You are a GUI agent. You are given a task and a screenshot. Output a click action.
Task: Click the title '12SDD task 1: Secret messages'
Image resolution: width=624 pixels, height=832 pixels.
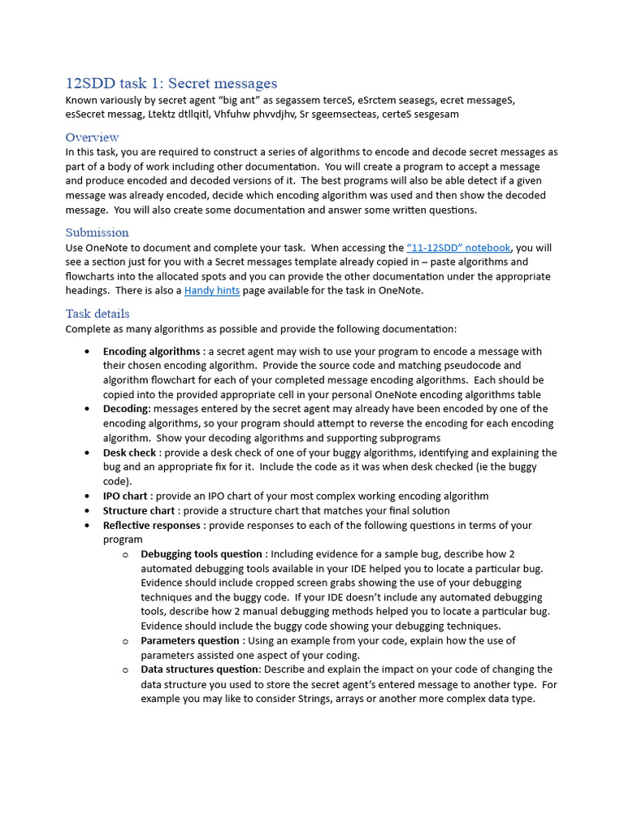pyautogui.click(x=171, y=83)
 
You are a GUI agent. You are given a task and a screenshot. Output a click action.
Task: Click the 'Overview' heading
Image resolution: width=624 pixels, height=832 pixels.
pyautogui.click(x=92, y=136)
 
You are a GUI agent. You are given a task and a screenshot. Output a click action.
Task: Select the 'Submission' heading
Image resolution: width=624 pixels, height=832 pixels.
pyautogui.click(x=97, y=232)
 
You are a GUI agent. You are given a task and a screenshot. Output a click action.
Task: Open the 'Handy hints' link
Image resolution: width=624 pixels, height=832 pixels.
pyautogui.click(x=212, y=290)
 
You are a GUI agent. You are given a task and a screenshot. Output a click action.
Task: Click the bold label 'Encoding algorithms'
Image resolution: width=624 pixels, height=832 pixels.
pyautogui.click(x=151, y=351)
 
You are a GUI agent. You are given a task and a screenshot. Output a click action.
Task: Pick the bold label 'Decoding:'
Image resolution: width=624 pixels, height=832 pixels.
pyautogui.click(x=127, y=409)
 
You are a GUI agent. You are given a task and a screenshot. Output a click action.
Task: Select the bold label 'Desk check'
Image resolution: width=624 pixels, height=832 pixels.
pyautogui.click(x=129, y=453)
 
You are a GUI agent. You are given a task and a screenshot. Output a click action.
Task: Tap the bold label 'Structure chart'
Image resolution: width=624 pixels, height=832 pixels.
pyautogui.click(x=139, y=510)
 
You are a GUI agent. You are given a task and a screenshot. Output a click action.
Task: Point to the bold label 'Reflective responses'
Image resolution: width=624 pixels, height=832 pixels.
pyautogui.click(x=151, y=525)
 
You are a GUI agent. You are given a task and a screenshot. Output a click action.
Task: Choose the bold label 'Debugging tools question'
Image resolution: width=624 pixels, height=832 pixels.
pyautogui.click(x=201, y=554)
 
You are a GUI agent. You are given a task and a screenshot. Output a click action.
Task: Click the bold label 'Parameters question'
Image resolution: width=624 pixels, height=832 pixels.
pyautogui.click(x=190, y=640)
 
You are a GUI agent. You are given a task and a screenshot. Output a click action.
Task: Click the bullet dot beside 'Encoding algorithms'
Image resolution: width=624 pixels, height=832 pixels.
pyautogui.click(x=88, y=352)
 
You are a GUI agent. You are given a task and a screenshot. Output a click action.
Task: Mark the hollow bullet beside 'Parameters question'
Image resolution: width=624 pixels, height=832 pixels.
pyautogui.click(x=126, y=641)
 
